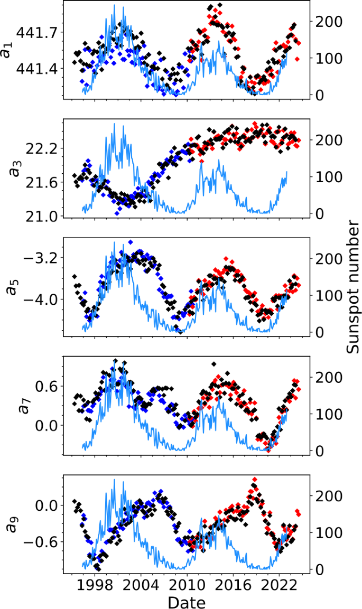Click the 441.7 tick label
pos(37,33)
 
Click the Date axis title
pos(186,602)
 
